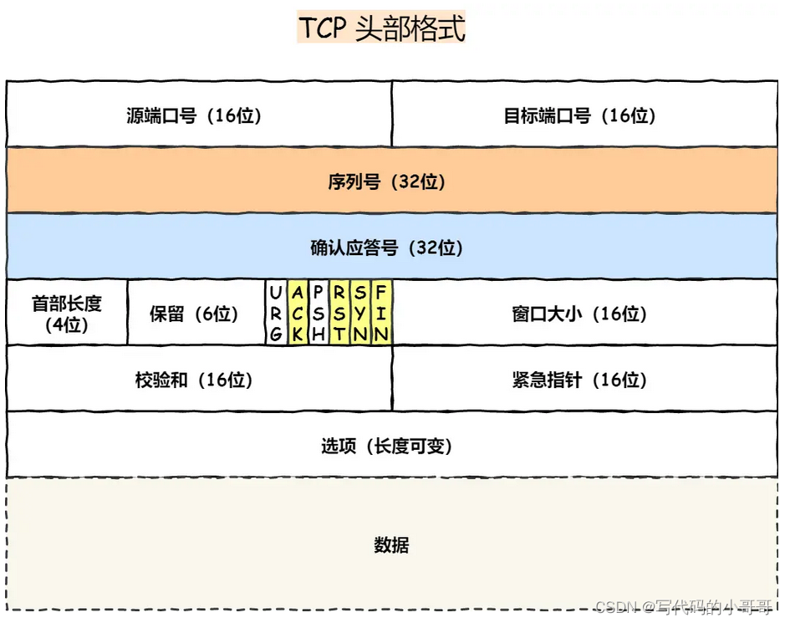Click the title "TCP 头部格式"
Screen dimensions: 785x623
(381, 27)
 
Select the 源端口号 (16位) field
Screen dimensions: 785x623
(199, 114)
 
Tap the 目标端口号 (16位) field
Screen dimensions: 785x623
(584, 114)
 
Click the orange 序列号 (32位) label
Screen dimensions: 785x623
(386, 181)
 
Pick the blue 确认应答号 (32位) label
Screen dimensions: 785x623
(386, 248)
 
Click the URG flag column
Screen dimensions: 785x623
(276, 313)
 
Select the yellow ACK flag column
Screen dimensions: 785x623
(298, 313)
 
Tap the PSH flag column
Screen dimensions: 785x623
(319, 313)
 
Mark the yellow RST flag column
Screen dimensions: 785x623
(339, 313)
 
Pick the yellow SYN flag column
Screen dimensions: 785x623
(360, 313)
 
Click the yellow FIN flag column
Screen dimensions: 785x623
(381, 313)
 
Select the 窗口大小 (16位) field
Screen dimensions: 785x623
(584, 313)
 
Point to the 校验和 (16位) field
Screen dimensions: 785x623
(199, 379)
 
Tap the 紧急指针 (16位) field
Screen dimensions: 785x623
(584, 379)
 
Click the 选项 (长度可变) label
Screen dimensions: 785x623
(386, 445)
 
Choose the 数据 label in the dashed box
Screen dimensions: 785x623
(391, 544)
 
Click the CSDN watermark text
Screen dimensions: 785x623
(684, 607)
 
